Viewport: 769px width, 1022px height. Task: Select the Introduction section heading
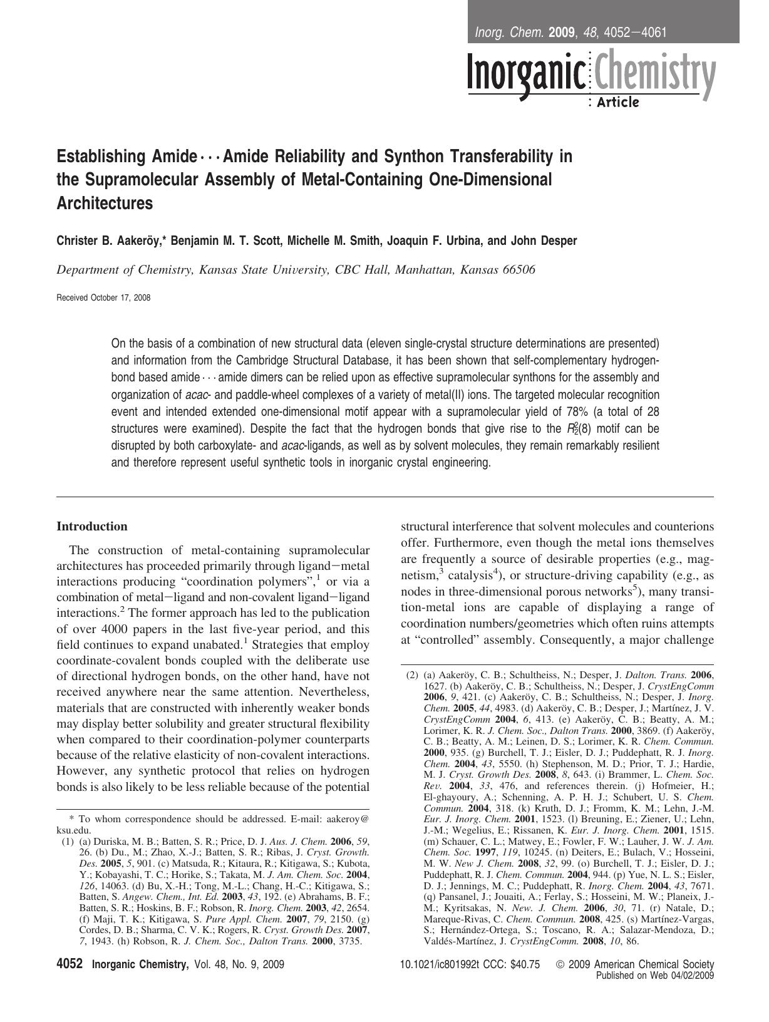click(x=92, y=526)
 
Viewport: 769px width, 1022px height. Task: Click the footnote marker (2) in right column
click(x=412, y=675)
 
